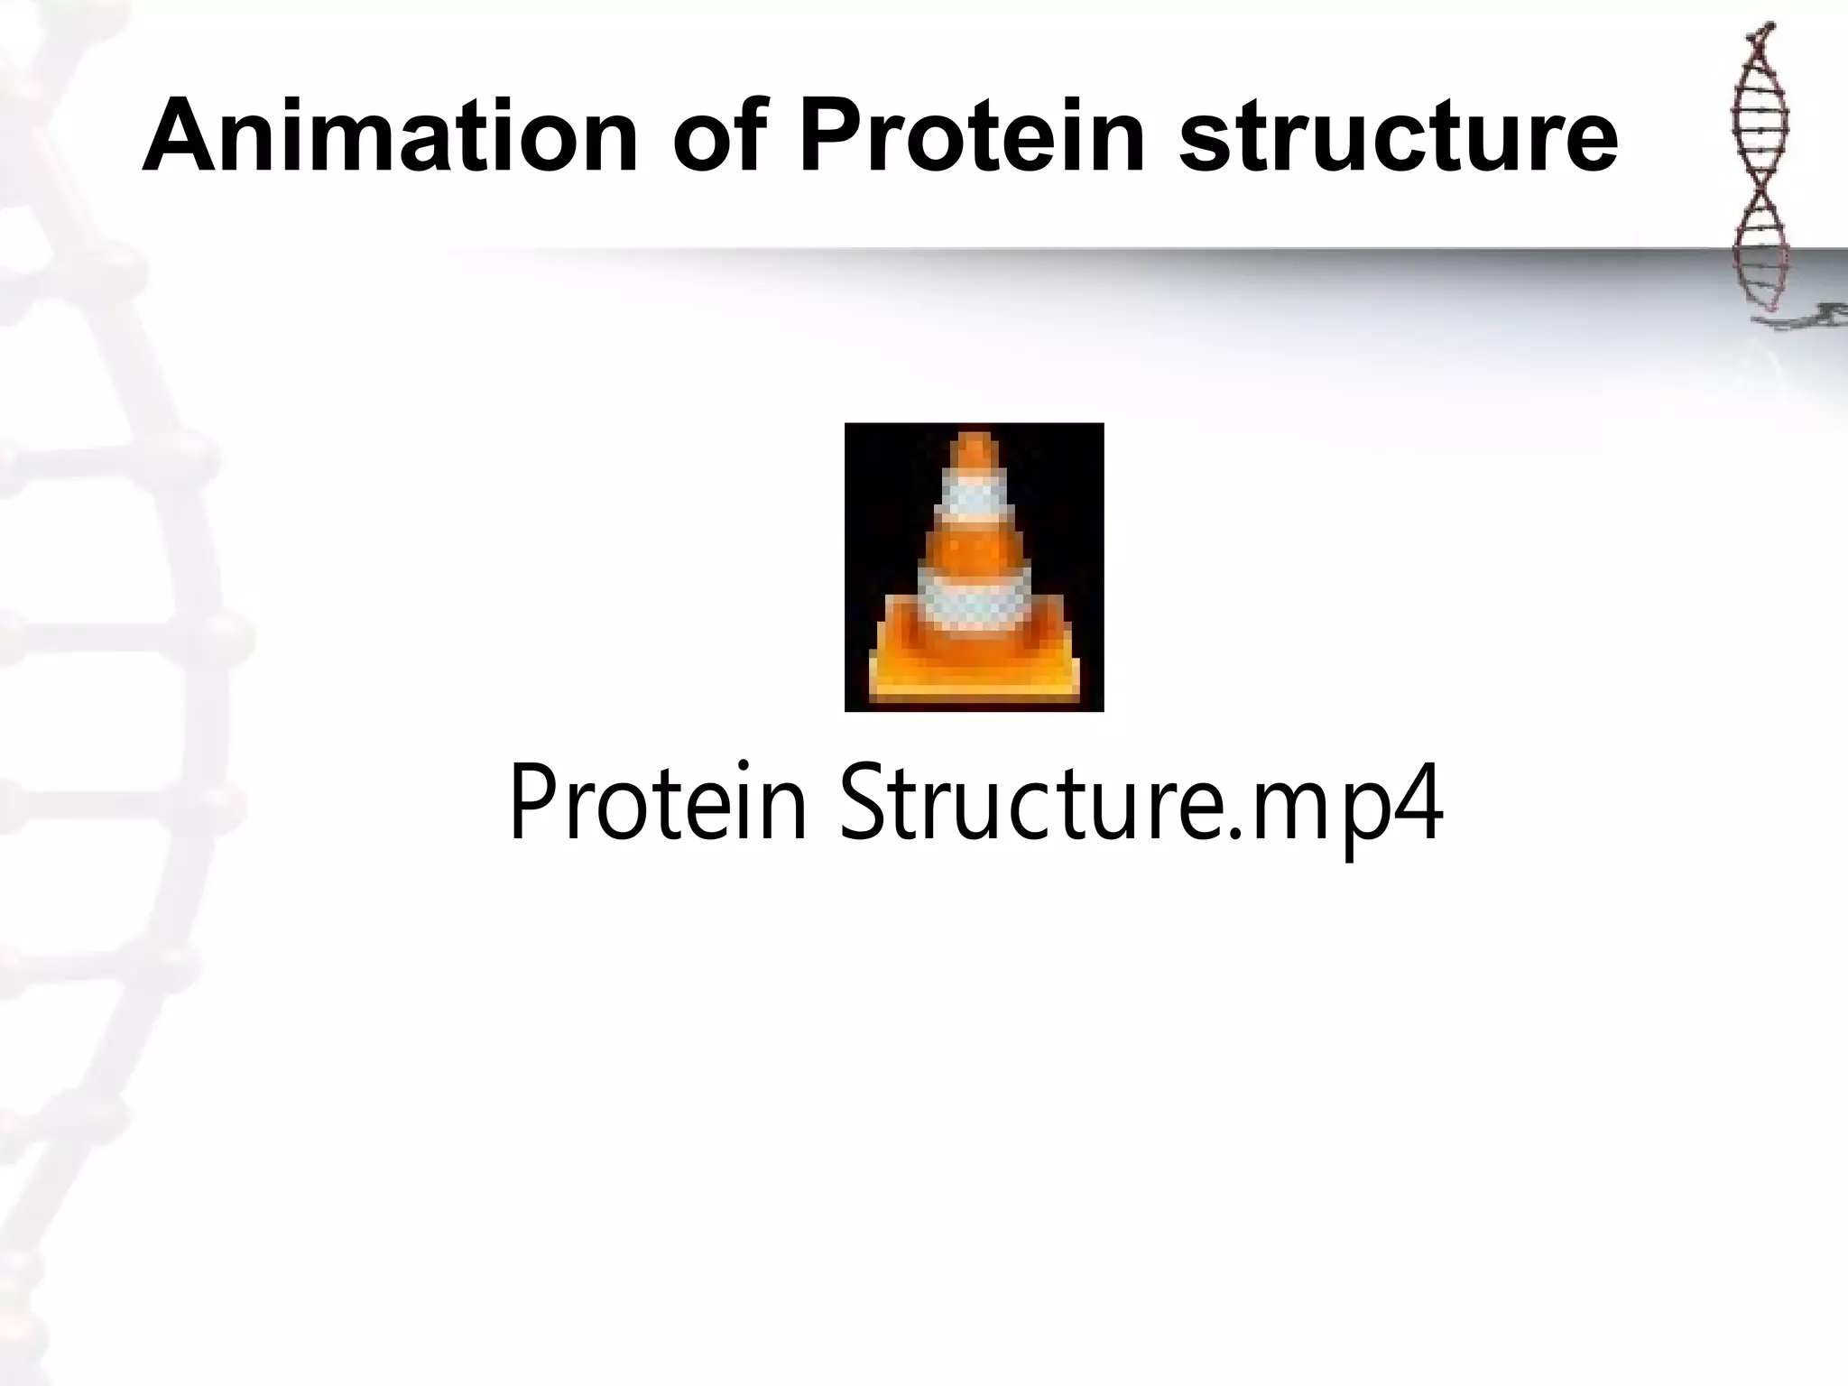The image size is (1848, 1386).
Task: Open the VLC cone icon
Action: tap(974, 567)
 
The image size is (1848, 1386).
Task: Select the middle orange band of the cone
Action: tap(974, 545)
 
